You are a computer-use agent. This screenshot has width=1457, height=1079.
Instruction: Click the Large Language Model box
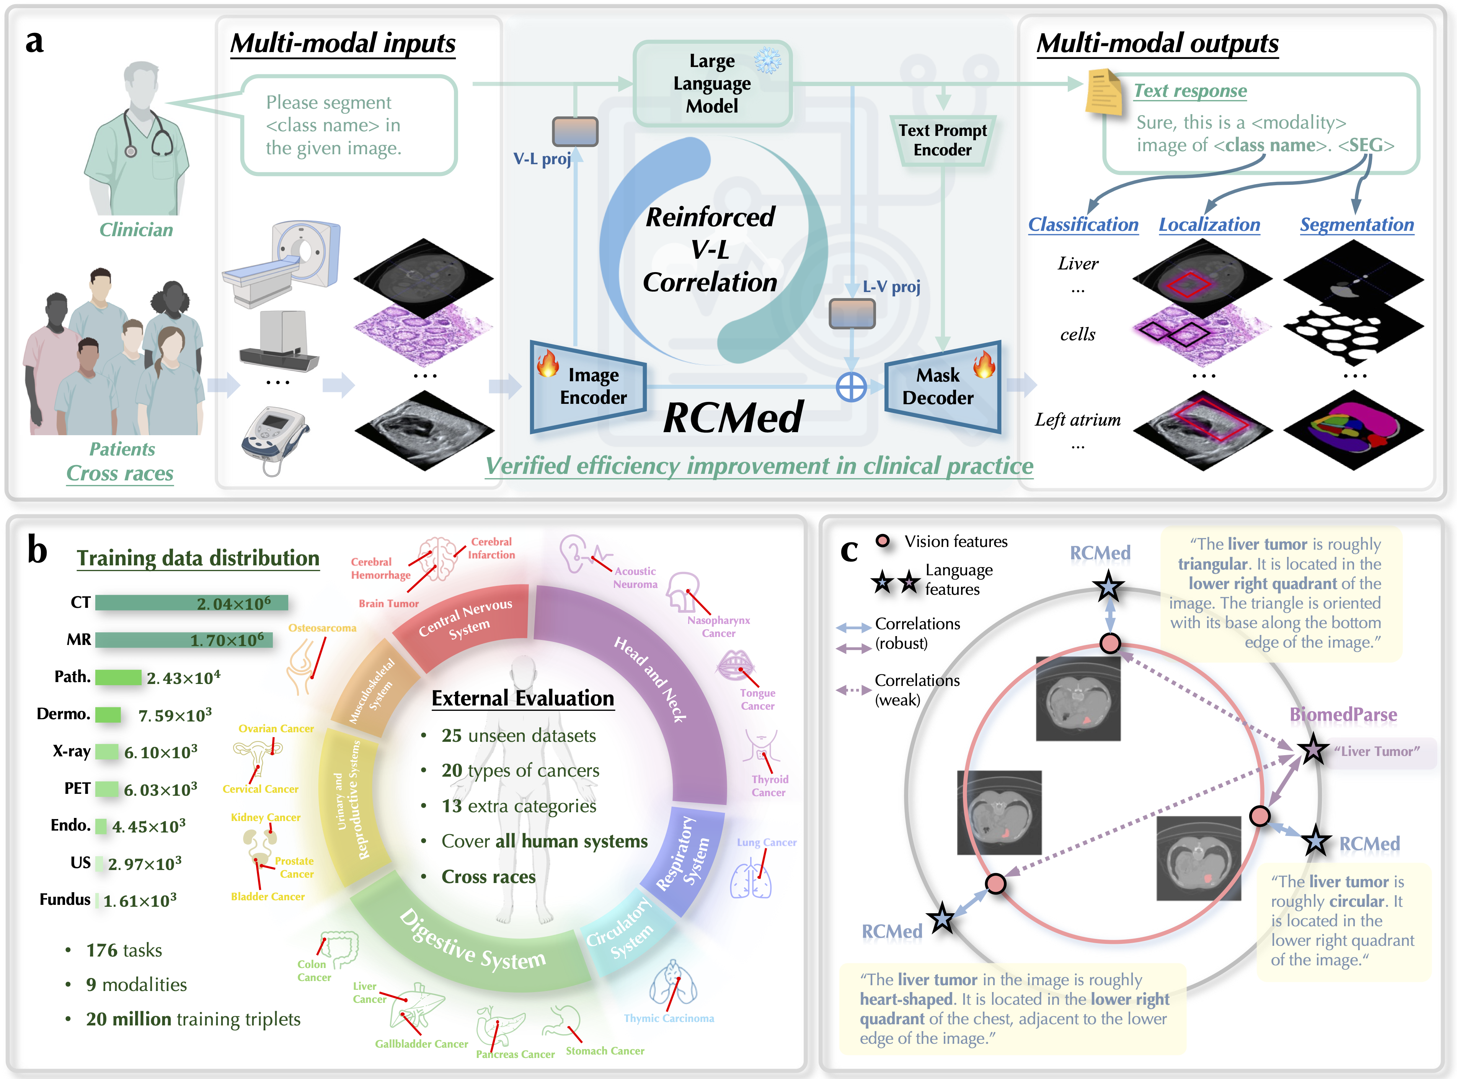712,83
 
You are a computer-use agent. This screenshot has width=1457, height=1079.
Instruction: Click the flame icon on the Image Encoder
547,363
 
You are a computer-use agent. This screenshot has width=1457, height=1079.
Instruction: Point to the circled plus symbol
851,387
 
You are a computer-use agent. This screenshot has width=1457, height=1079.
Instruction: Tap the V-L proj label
542,159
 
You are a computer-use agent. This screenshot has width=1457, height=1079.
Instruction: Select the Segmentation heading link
1356,225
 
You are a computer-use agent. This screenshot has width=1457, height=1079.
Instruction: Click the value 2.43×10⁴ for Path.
183,678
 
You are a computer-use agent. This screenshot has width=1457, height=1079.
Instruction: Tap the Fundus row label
65,899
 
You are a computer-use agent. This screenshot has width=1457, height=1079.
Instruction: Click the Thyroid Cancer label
769,786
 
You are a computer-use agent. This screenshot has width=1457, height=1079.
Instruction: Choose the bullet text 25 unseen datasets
519,735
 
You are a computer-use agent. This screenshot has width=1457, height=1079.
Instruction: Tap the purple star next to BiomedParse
1313,750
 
